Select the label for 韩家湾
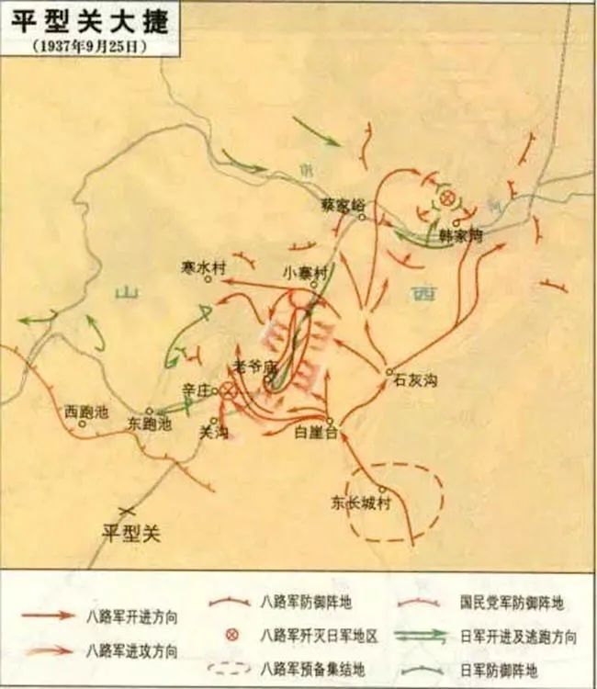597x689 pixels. click(459, 235)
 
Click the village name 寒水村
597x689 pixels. click(203, 266)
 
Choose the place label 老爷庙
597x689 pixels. click(254, 365)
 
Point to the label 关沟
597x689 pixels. click(213, 431)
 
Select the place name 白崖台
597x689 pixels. click(318, 431)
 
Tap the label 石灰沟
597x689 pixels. click(412, 378)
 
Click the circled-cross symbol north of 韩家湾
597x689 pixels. click(447, 198)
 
